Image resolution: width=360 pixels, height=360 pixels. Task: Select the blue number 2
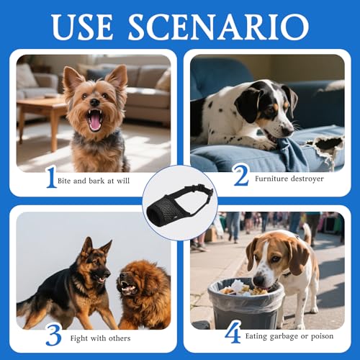pos(240,175)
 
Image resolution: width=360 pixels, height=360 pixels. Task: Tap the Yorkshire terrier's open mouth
pos(94,120)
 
